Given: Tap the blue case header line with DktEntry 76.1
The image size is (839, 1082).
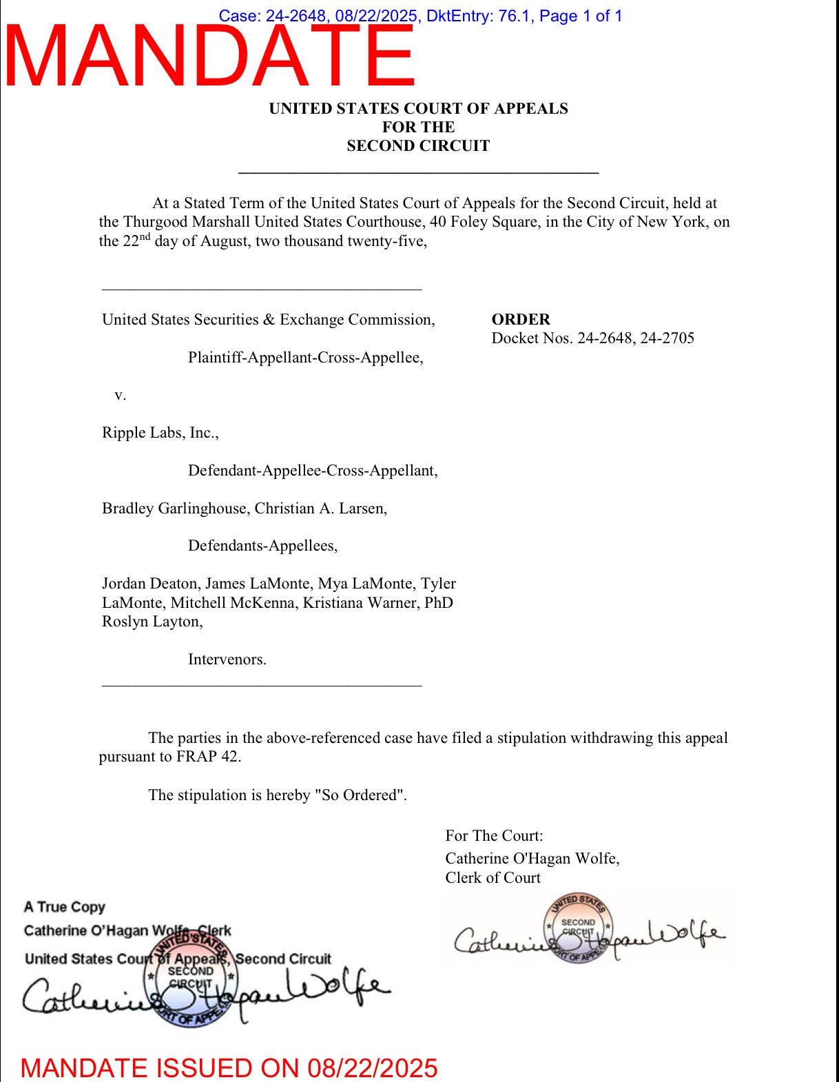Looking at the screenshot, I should point(420,16).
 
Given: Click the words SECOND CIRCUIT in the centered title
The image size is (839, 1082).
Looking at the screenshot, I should point(418,146).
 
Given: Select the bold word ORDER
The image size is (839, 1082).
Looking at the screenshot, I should point(521,320).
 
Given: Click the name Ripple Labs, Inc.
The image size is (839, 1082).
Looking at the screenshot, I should point(160,433).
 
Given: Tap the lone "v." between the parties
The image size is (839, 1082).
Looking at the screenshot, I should point(121,395).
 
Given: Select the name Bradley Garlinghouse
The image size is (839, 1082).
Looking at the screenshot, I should point(174,509).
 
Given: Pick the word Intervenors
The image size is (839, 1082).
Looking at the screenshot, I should point(227,660).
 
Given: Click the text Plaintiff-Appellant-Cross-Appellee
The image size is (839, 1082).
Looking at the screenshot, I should point(305,358).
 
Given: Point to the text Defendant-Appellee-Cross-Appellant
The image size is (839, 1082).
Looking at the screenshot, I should point(313,471).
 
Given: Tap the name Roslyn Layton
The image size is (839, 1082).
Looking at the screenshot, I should point(152,622).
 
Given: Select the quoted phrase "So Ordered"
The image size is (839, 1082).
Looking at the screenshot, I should point(360,795).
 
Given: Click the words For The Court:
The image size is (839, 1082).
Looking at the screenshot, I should point(494,836).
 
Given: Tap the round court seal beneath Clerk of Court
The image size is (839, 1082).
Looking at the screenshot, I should point(578,928).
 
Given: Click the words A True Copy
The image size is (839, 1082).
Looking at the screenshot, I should point(65,907).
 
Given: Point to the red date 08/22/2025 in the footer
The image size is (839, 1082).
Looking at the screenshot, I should point(372,1068).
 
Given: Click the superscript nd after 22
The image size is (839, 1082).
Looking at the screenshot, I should point(145,237).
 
